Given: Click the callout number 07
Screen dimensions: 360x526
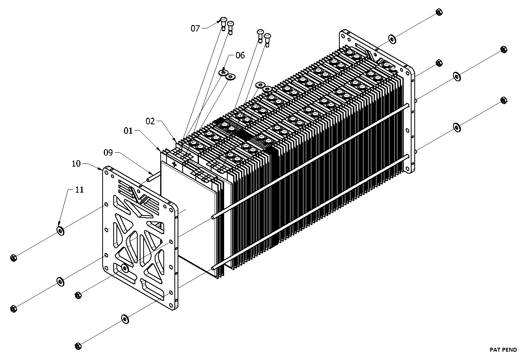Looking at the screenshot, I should point(195,28).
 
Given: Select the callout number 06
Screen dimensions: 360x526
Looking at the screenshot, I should point(240,55).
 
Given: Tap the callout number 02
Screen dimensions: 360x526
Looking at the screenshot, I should point(150,121).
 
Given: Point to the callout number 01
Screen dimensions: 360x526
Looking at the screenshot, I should point(128,130).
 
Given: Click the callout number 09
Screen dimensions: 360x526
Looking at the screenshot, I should point(109,152).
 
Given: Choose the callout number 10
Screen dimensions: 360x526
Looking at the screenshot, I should point(77,163).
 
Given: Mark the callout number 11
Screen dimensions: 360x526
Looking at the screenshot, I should point(79,189).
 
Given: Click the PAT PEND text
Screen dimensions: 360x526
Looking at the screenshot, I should point(503,350).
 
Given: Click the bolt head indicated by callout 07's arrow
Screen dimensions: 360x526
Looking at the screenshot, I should point(223,20).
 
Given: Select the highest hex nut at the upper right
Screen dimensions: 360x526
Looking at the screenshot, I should point(438,12).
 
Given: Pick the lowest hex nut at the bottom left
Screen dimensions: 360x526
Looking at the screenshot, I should point(78,346).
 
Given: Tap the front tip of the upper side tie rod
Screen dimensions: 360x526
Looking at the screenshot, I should point(213,217).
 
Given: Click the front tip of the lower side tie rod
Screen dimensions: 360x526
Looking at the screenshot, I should point(213,268).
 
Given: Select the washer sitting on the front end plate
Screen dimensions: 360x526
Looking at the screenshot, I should point(125,268).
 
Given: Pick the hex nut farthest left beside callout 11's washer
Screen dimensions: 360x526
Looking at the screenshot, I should point(13,258).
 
